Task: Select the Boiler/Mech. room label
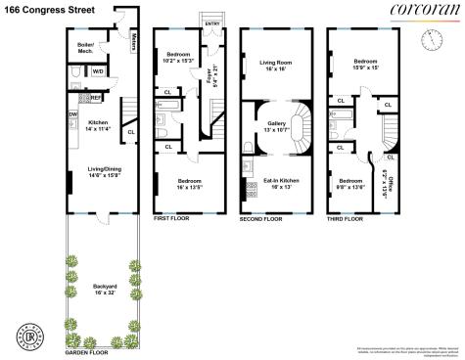click(x=89, y=48)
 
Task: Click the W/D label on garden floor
click(x=98, y=70)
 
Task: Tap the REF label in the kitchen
click(x=96, y=98)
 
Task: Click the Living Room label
click(x=274, y=66)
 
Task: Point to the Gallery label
click(x=275, y=126)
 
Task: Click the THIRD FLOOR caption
click(x=346, y=220)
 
